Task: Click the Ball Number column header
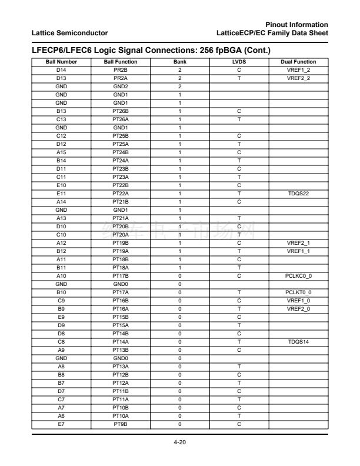61,62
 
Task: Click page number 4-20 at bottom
179,442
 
